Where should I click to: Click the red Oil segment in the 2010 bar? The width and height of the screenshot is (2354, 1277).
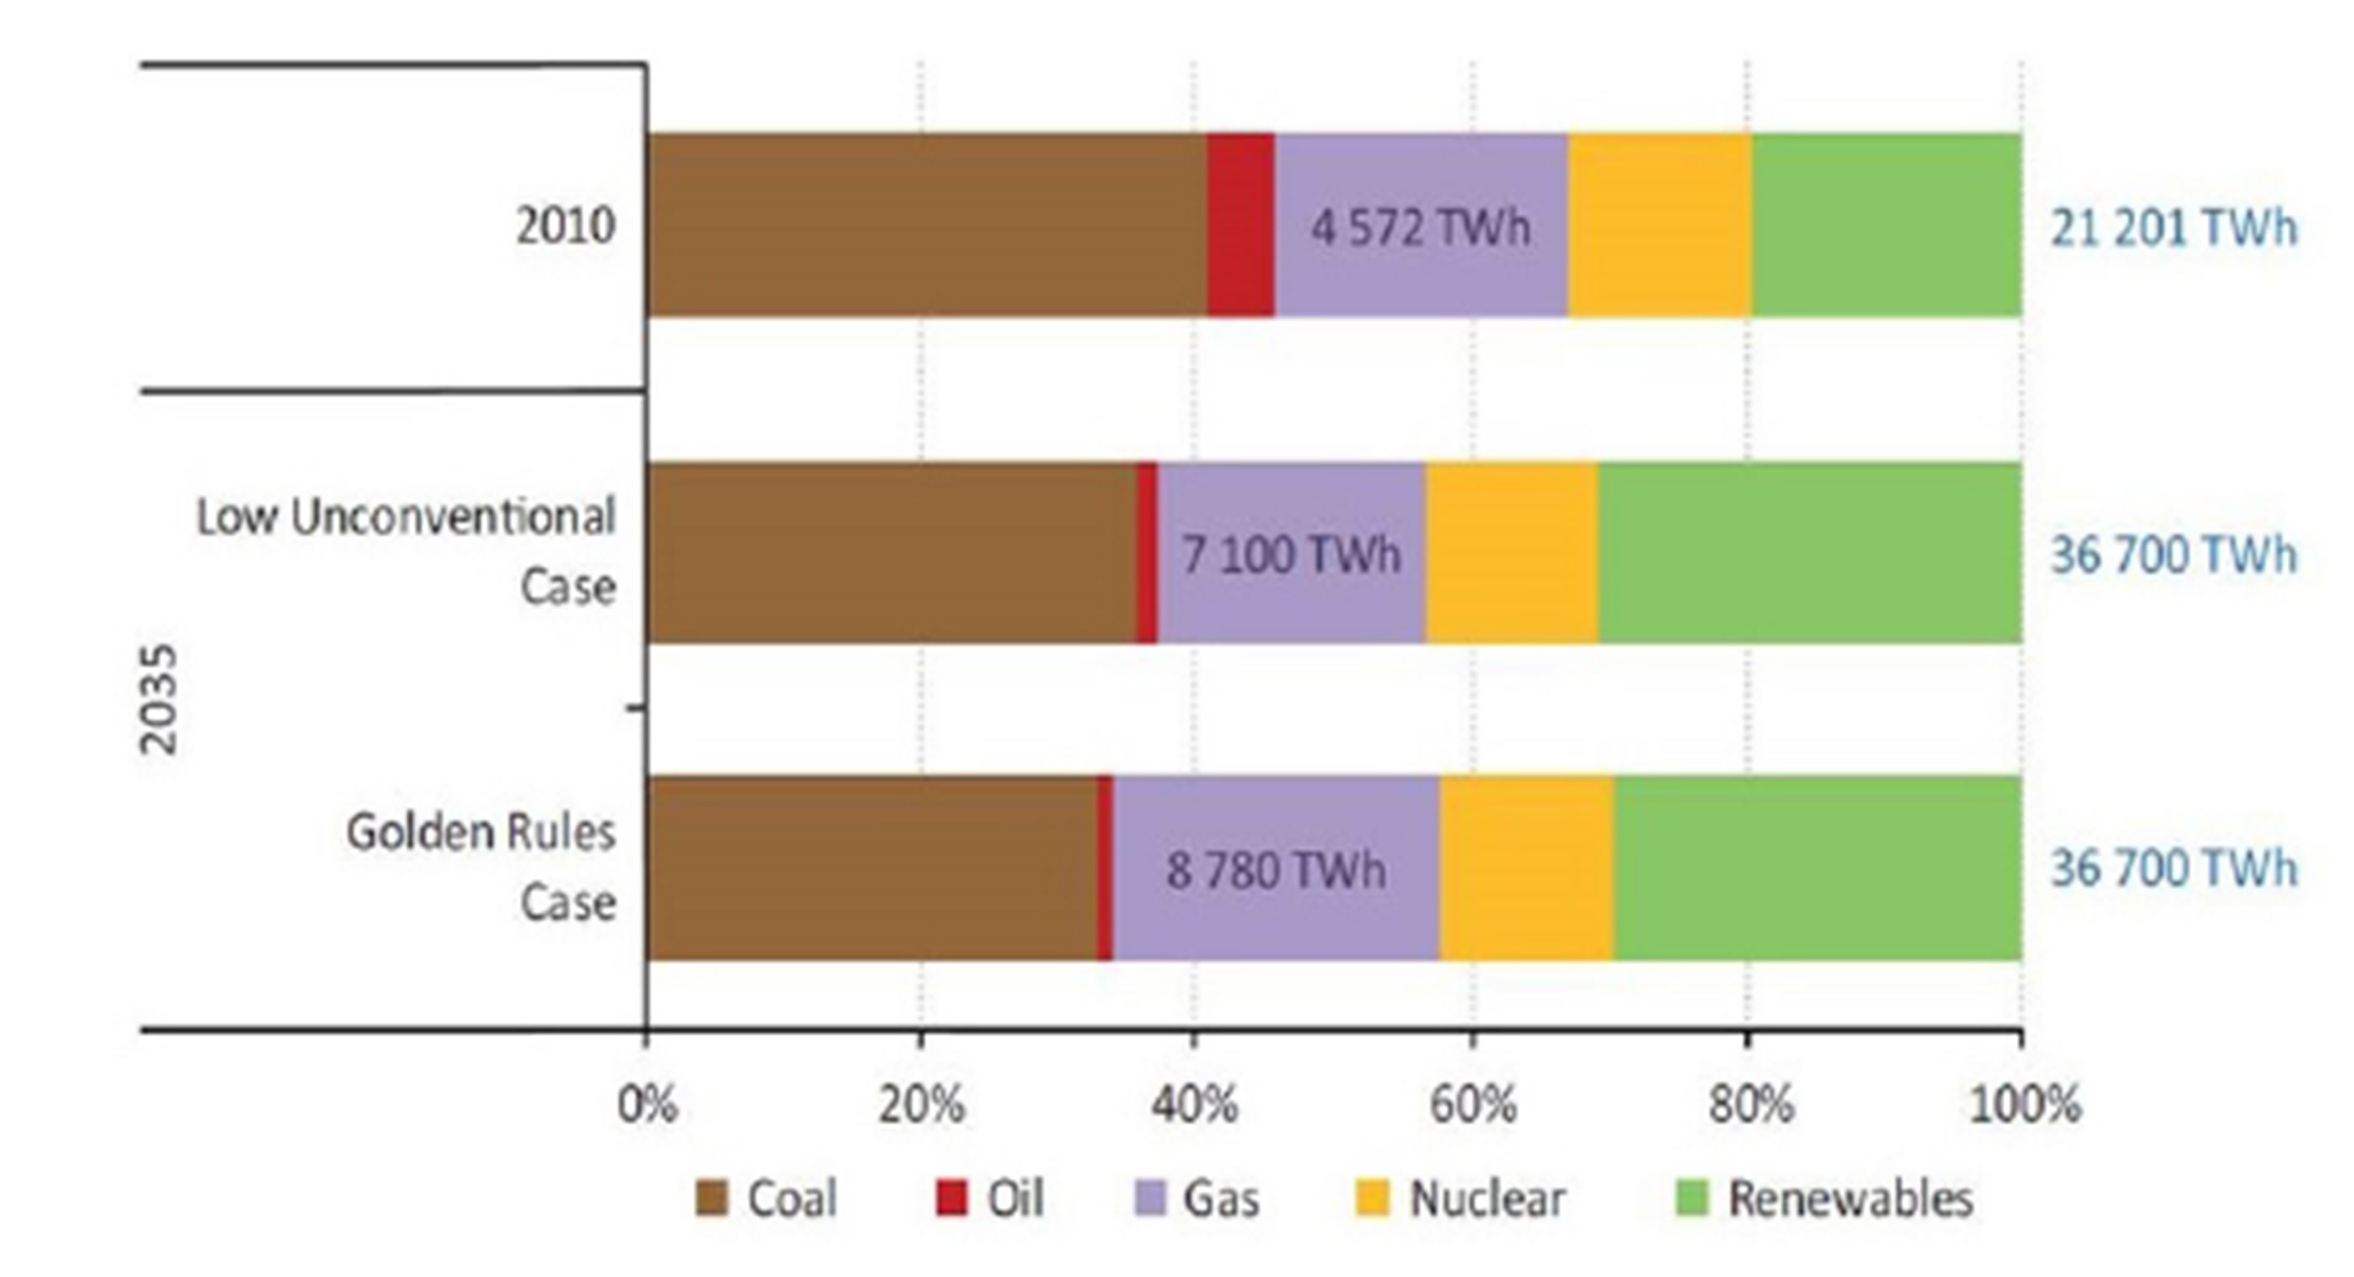pos(1240,226)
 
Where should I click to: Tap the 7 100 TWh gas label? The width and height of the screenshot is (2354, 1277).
pos(1290,555)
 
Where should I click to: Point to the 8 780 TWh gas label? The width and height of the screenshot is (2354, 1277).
pos(1276,869)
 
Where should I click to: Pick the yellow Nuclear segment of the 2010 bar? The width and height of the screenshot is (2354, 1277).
pos(1660,226)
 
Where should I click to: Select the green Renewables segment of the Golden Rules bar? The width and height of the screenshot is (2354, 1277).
pos(1816,868)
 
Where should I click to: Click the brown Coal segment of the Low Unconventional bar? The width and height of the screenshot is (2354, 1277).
pos(891,553)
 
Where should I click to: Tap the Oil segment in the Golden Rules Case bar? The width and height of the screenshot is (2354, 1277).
pos(1105,868)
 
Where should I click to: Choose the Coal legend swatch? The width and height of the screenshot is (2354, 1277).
pos(711,1198)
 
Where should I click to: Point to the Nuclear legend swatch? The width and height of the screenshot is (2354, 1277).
pos(1372,1198)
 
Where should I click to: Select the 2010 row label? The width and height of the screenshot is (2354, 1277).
pos(565,226)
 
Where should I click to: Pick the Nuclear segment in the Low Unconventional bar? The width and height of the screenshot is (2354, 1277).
pos(1511,553)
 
